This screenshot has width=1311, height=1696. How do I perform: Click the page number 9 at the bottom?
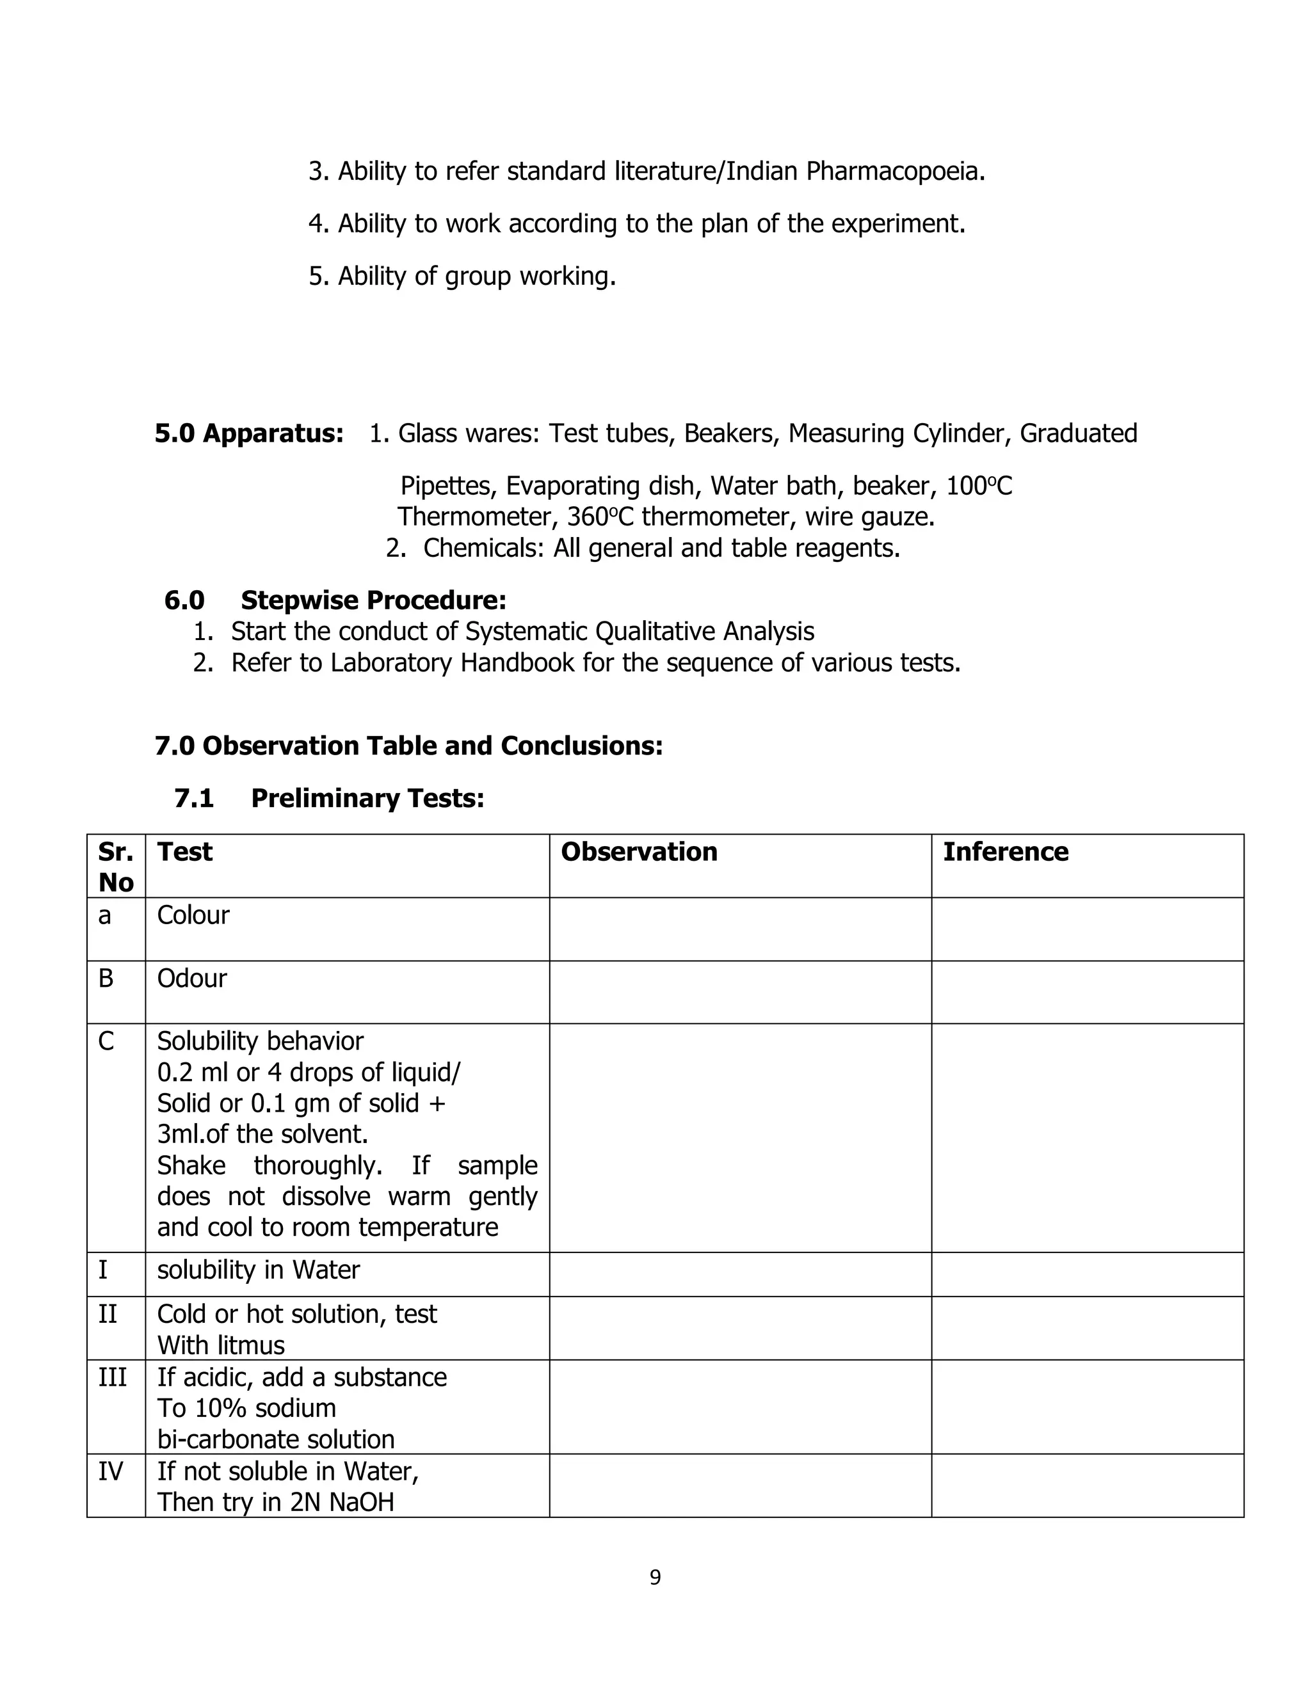[655, 1577]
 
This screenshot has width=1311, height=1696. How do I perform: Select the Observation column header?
[638, 852]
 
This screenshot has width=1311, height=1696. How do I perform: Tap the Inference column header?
[1005, 852]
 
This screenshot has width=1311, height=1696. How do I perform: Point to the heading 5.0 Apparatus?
[248, 433]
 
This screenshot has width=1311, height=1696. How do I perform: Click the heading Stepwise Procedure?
[373, 600]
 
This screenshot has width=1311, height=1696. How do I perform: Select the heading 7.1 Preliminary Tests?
[329, 798]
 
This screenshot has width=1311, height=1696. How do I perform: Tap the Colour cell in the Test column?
[193, 916]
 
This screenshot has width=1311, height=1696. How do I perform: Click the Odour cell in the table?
[192, 979]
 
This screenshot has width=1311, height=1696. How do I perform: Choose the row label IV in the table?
[110, 1471]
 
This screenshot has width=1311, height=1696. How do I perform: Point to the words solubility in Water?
[259, 1270]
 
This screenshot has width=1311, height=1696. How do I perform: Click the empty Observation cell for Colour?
[739, 929]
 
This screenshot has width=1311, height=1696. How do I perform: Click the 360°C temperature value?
[601, 517]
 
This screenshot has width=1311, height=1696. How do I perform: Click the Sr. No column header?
[116, 867]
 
